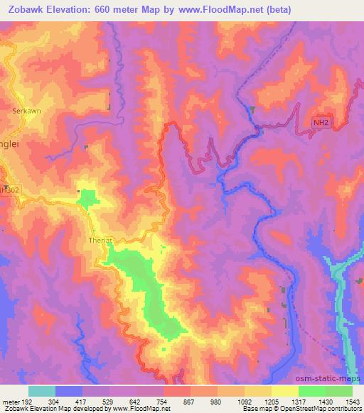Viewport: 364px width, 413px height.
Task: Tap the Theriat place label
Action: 100,239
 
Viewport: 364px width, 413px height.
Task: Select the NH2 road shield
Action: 321,122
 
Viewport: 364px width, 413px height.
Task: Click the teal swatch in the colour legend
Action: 42,390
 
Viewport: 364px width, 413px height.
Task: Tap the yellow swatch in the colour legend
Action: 284,390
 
